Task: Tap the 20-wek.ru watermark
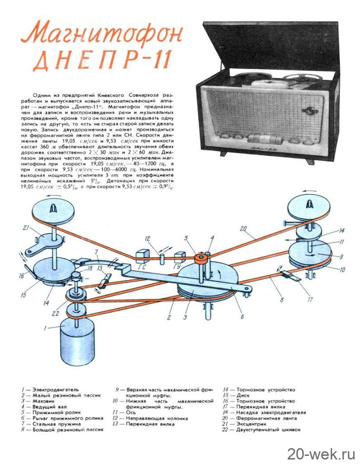(x=321, y=452)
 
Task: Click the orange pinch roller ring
(x=200, y=258)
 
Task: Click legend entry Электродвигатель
(x=51, y=389)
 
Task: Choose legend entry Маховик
(x=41, y=401)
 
